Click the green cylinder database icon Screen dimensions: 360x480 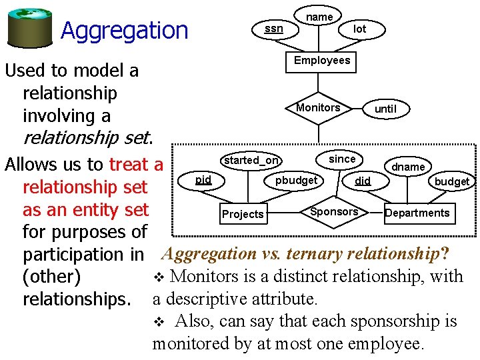(30, 25)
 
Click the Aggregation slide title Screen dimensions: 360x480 (125, 30)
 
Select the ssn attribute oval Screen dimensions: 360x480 (273, 29)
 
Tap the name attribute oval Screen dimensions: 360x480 (319, 16)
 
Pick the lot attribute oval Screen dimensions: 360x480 (359, 29)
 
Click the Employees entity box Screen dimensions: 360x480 (322, 61)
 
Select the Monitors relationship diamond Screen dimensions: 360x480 (318, 108)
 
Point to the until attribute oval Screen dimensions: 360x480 (385, 109)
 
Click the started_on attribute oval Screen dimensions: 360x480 (251, 160)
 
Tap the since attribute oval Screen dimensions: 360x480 (342, 159)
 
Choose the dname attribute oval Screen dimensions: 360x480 (408, 167)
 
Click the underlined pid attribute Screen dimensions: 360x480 (203, 180)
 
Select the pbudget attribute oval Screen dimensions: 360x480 (297, 181)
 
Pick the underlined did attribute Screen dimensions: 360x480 (363, 181)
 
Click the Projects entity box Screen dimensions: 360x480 (243, 214)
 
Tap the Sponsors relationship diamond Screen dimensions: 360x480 (334, 212)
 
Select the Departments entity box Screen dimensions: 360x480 (417, 213)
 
